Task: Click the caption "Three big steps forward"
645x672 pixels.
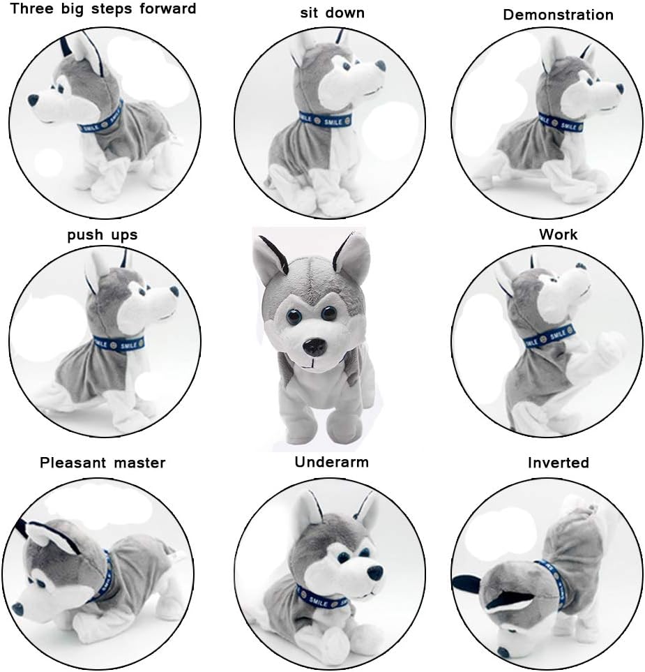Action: click(103, 10)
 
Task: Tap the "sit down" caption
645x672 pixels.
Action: click(332, 13)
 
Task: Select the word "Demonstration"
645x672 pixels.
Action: click(558, 15)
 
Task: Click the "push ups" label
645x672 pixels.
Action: click(103, 234)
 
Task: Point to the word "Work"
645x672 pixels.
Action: click(558, 234)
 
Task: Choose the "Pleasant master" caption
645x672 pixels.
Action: click(103, 462)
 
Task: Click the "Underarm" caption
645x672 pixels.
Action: click(331, 462)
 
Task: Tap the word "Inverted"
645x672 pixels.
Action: click(558, 463)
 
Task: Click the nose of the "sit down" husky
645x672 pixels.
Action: click(380, 66)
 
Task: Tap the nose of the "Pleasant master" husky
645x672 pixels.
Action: click(17, 608)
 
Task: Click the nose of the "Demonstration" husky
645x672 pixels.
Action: click(619, 89)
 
